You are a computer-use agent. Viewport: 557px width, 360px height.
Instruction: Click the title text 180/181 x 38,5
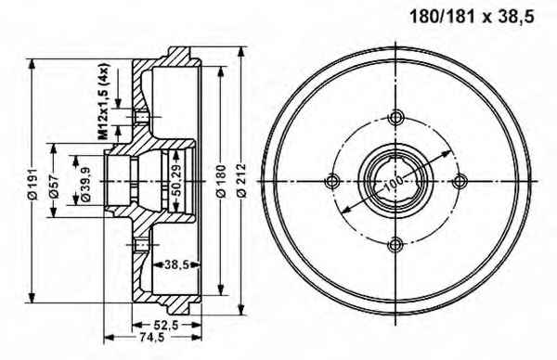472,17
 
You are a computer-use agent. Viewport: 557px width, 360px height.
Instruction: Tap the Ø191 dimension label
33,183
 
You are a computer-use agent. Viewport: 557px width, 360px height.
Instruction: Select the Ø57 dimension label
54,186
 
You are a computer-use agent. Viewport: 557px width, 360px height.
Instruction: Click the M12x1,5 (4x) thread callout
103,101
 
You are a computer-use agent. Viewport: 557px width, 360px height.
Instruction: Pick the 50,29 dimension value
176,181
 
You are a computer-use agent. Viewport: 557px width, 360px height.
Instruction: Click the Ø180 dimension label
221,181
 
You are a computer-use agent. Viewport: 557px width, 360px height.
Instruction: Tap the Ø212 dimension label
241,180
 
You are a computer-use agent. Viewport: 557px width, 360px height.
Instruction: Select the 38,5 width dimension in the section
175,264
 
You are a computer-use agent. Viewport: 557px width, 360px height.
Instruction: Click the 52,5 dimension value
166,325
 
